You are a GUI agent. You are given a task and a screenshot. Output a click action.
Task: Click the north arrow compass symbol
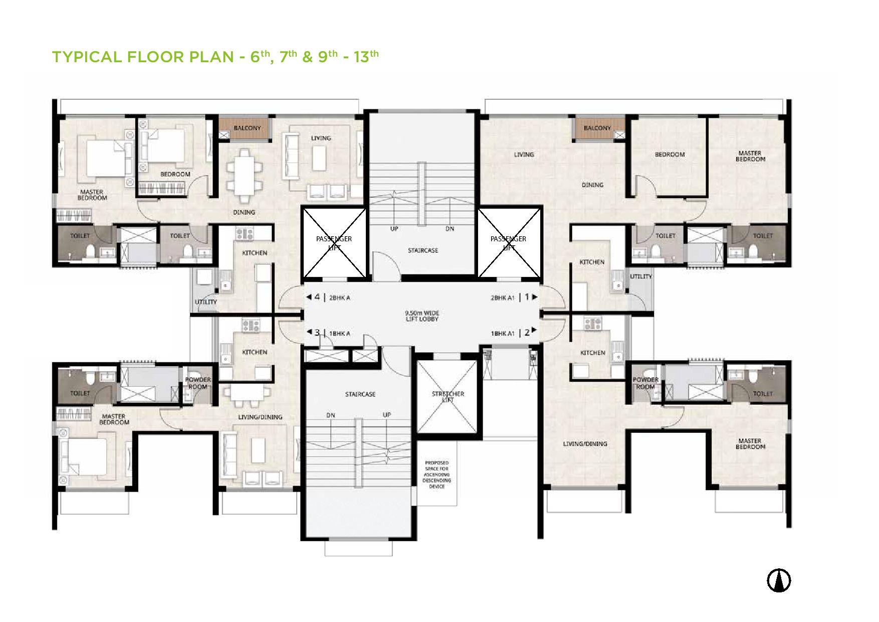(x=779, y=581)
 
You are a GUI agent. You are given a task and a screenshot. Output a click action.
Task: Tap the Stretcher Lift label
(x=448, y=396)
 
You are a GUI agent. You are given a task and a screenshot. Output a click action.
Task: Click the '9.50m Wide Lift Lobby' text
(x=422, y=316)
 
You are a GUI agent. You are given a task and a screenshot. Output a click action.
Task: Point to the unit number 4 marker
(x=317, y=297)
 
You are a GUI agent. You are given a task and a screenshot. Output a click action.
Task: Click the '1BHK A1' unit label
(x=502, y=333)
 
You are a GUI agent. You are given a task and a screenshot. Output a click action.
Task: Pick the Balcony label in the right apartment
(x=597, y=128)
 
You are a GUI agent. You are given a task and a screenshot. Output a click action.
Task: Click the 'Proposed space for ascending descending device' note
(x=437, y=474)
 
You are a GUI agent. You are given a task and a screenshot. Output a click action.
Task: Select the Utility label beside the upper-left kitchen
(x=206, y=302)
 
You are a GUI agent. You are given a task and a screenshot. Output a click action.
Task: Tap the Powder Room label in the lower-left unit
(x=198, y=383)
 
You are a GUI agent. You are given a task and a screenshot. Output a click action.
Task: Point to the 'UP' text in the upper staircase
(x=394, y=229)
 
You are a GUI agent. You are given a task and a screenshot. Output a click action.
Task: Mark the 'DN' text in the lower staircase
(x=331, y=415)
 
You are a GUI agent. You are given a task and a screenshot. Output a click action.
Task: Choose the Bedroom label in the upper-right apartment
(x=670, y=154)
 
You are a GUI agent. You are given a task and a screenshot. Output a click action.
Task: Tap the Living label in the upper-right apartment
(x=524, y=154)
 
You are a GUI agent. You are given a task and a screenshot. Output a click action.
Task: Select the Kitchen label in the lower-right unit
(x=592, y=353)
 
